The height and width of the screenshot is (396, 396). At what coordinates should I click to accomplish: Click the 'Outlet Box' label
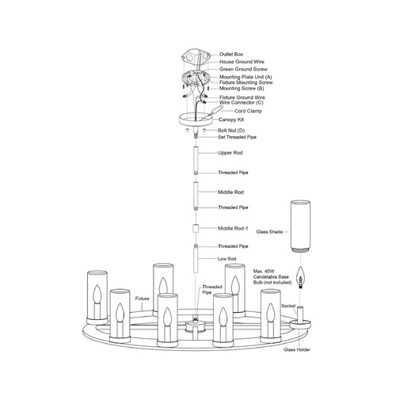click(231, 55)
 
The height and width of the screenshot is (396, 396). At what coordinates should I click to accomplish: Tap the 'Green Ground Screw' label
click(243, 69)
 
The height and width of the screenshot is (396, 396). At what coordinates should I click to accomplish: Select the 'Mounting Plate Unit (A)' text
click(246, 77)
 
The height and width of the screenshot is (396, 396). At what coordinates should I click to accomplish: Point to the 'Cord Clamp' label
click(248, 111)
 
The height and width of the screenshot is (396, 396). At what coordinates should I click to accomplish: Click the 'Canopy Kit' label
click(231, 120)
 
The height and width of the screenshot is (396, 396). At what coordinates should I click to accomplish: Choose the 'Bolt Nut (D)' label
click(231, 131)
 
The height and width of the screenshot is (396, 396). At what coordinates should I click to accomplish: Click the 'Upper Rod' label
click(230, 153)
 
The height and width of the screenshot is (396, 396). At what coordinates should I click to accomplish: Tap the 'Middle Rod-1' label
click(233, 228)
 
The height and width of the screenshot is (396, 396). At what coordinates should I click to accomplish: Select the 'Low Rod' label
click(227, 259)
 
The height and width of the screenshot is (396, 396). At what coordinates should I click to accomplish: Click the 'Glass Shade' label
click(269, 232)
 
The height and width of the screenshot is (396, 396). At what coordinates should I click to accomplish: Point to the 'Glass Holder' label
click(297, 350)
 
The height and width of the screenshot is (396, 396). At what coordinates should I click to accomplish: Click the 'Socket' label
click(288, 306)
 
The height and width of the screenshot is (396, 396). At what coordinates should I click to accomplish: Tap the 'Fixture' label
click(143, 299)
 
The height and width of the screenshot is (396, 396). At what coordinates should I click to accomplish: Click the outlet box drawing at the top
click(196, 58)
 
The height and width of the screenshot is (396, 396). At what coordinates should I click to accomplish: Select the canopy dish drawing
click(196, 119)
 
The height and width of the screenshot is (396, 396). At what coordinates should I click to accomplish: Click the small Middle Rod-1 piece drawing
click(196, 228)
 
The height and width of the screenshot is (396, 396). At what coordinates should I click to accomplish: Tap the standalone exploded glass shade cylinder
click(300, 226)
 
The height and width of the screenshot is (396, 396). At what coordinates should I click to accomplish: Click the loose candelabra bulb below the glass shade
click(300, 277)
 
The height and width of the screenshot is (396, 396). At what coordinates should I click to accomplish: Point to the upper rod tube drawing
click(196, 159)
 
